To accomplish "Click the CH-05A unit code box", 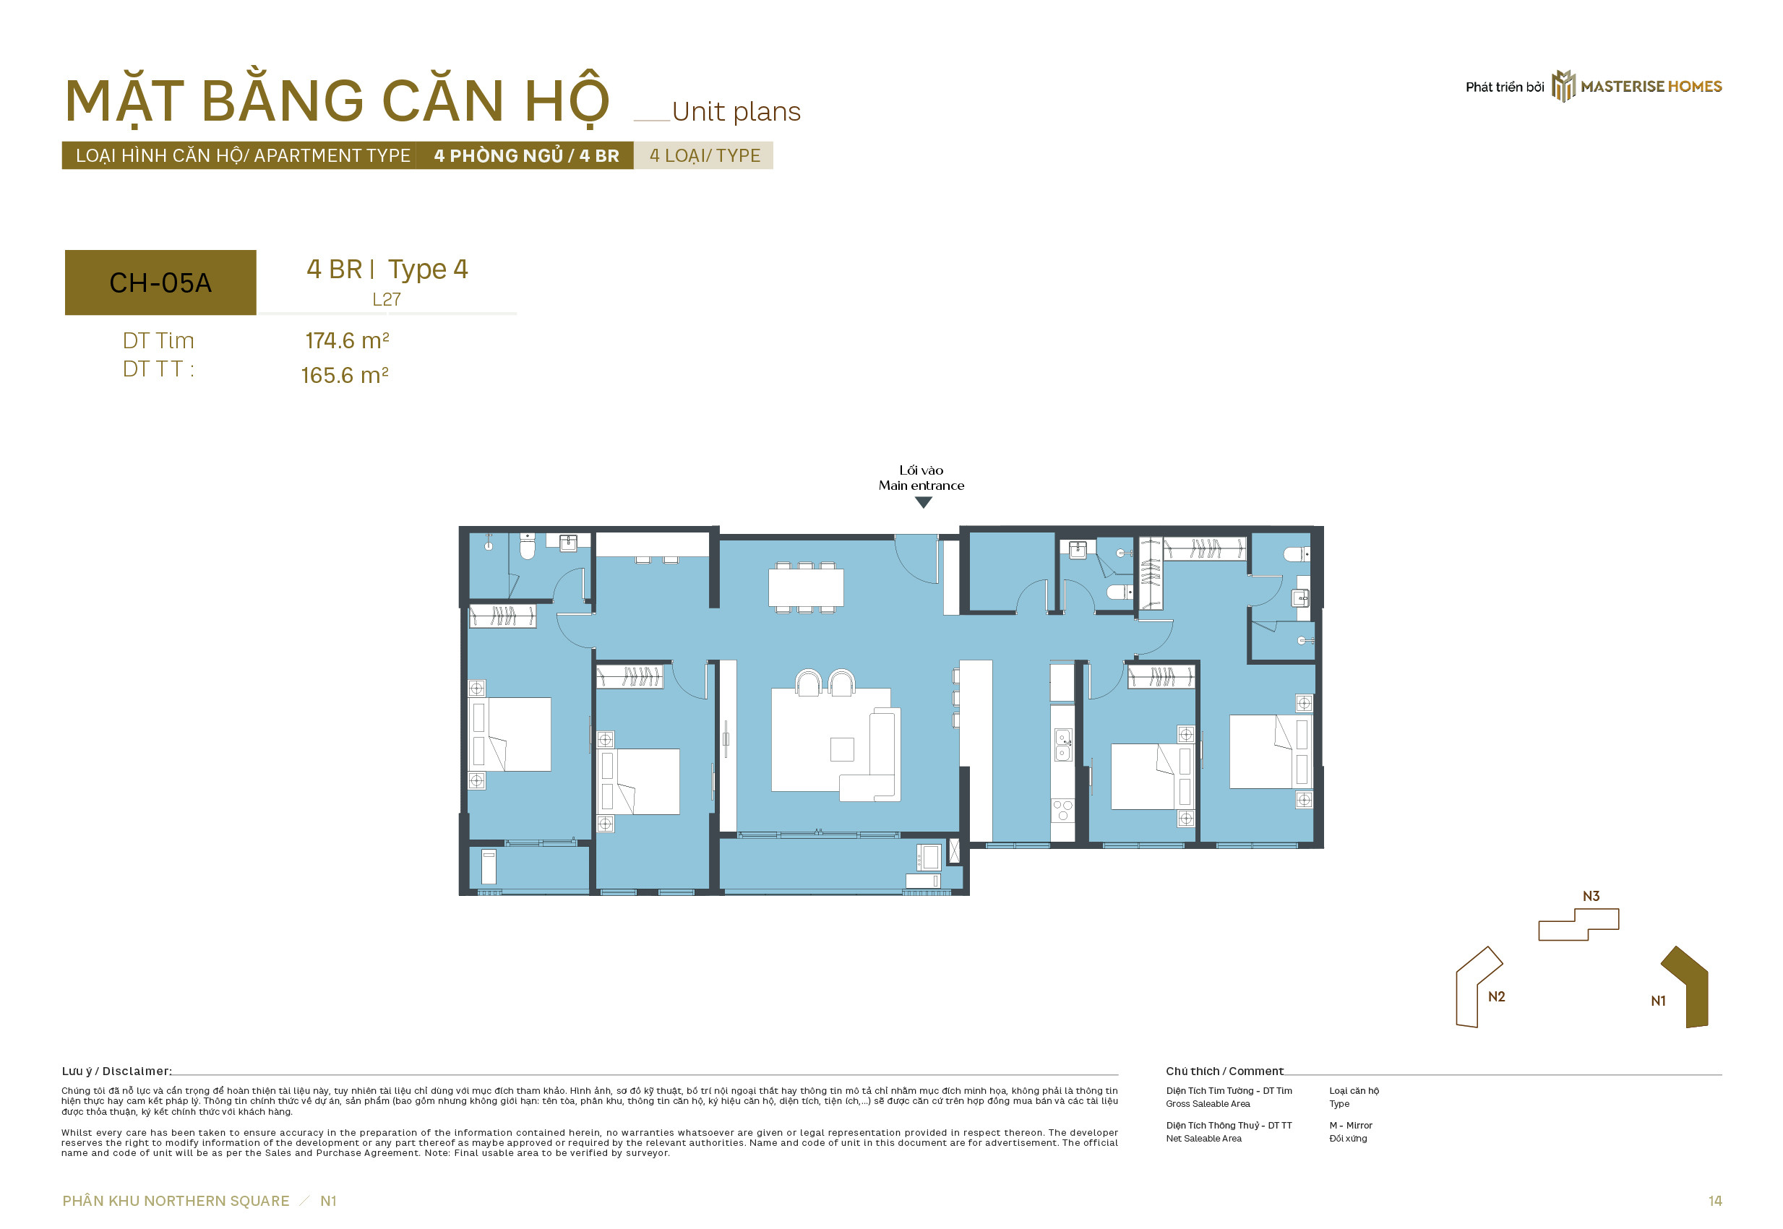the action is tap(160, 283).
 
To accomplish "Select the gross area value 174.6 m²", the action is tap(348, 340).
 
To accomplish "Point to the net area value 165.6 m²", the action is tap(344, 375).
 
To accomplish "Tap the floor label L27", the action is tap(387, 300).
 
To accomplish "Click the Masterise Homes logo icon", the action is tap(1563, 86).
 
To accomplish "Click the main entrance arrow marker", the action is tap(924, 503).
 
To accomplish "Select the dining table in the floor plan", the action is tap(806, 587).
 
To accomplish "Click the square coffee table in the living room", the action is tap(842, 749).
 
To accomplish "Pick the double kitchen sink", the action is tap(1063, 745).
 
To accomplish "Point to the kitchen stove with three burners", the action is tap(1063, 811).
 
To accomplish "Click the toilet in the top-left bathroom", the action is tap(528, 547).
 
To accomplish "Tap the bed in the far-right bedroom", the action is tap(1270, 751).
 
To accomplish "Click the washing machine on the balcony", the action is tap(928, 857).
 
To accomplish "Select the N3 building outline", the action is tap(1579, 924).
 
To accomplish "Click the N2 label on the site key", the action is tap(1497, 996).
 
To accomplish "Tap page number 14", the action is tap(1714, 1202).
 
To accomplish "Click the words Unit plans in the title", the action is tap(736, 113).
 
